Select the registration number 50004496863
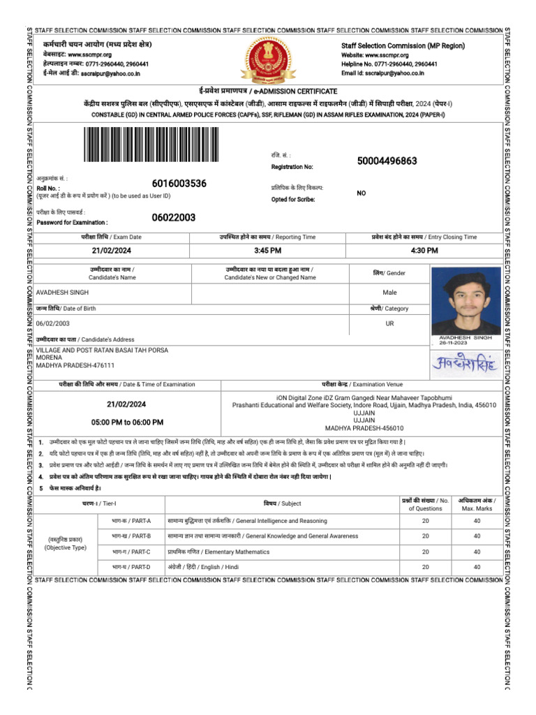(x=387, y=161)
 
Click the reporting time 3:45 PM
(x=268, y=251)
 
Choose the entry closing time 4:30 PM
(x=424, y=251)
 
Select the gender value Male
(x=389, y=293)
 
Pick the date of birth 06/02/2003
(x=54, y=324)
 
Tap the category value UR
(x=389, y=324)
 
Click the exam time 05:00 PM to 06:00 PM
(x=126, y=422)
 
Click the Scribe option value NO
(x=362, y=193)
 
